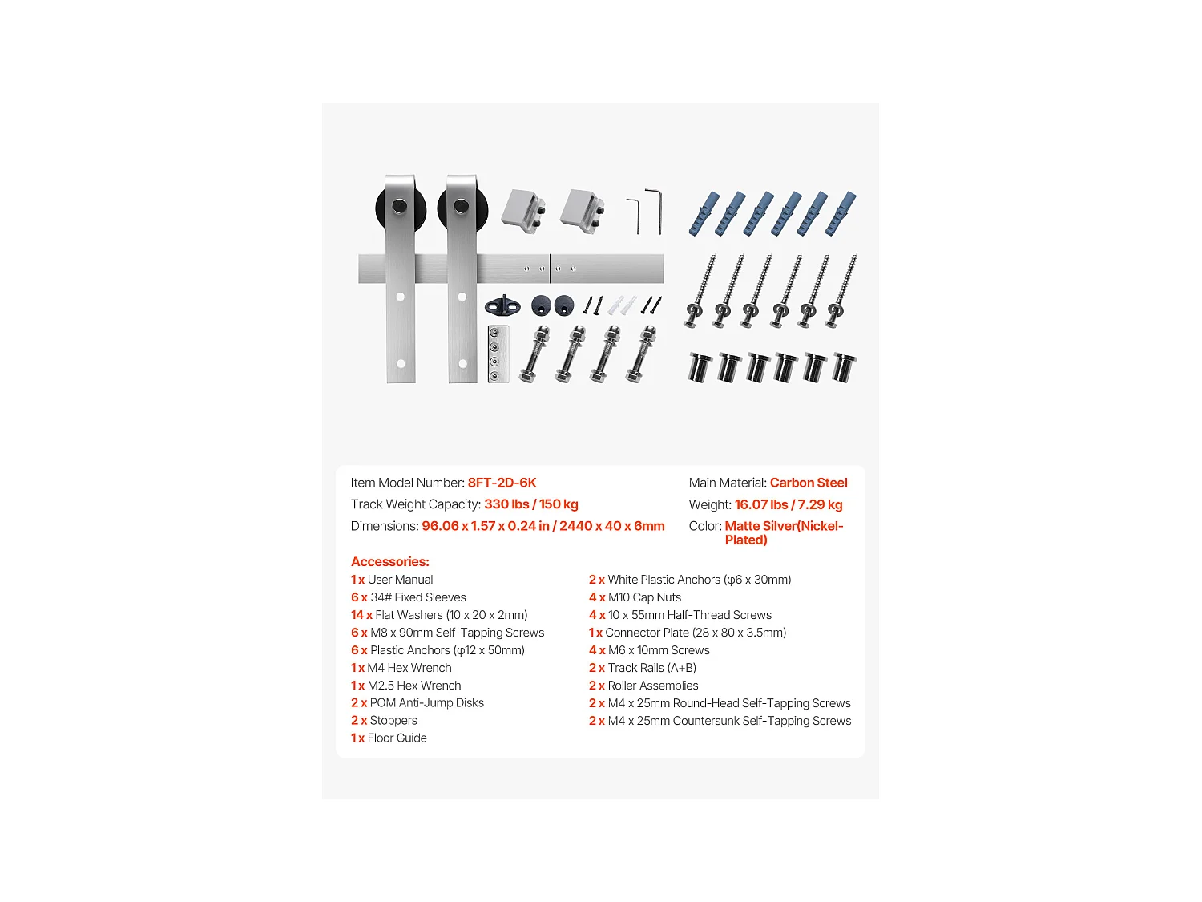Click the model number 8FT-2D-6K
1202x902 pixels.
pyautogui.click(x=502, y=483)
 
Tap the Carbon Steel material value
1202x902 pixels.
pyautogui.click(x=808, y=483)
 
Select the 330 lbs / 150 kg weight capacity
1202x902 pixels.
pyautogui.click(x=530, y=504)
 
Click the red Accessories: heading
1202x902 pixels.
pyautogui.click(x=390, y=561)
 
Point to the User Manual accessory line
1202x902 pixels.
pyautogui.click(x=392, y=580)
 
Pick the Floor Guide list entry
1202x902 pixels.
pyautogui.click(x=389, y=738)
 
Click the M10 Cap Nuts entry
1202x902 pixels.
pyautogui.click(x=635, y=597)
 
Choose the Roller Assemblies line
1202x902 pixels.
pyautogui.click(x=643, y=686)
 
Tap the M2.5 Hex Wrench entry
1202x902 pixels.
pyautogui.click(x=405, y=686)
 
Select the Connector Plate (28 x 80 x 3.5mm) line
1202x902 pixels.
pyautogui.click(x=688, y=633)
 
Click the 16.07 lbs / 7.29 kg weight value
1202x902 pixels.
pyautogui.click(x=789, y=504)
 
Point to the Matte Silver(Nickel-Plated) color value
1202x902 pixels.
pyautogui.click(x=783, y=532)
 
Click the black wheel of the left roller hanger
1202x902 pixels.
pyautogui.click(x=381, y=208)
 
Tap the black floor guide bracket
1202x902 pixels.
pyautogui.click(x=502, y=305)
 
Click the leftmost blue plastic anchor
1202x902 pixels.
pyautogui.click(x=704, y=213)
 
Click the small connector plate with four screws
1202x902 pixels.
pyautogui.click(x=498, y=354)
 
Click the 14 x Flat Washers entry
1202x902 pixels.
pyautogui.click(x=439, y=615)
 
